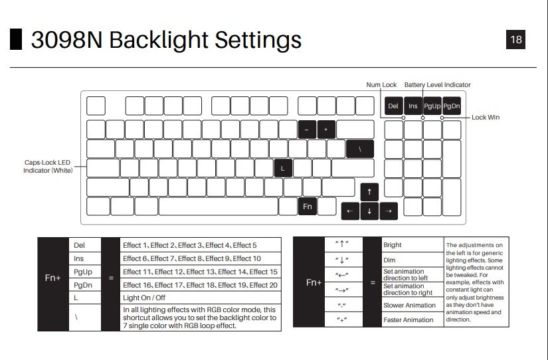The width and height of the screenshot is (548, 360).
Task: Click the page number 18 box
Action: [516, 39]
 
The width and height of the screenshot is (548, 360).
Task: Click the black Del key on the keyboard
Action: [393, 106]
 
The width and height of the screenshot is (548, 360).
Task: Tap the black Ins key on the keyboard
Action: [412, 106]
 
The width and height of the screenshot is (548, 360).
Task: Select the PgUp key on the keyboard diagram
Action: [432, 106]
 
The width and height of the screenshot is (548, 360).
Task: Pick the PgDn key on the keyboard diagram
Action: [452, 106]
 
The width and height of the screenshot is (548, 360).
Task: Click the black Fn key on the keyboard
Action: [308, 207]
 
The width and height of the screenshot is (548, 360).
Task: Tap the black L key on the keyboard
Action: [283, 168]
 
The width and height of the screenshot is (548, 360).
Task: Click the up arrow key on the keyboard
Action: [369, 193]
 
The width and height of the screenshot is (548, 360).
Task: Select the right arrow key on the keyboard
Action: [389, 211]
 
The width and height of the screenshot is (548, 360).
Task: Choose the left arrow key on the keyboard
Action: [350, 211]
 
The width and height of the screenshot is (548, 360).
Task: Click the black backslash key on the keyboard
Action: [359, 149]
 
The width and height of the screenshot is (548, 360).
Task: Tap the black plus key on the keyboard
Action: [326, 130]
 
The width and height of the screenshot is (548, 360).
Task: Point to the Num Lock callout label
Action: [381, 85]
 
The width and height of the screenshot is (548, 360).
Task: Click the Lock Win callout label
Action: [486, 118]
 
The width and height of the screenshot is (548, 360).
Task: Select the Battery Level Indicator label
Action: [437, 85]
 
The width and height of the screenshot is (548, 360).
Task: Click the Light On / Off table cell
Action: [143, 298]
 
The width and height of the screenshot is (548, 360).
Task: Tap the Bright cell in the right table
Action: [393, 245]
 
